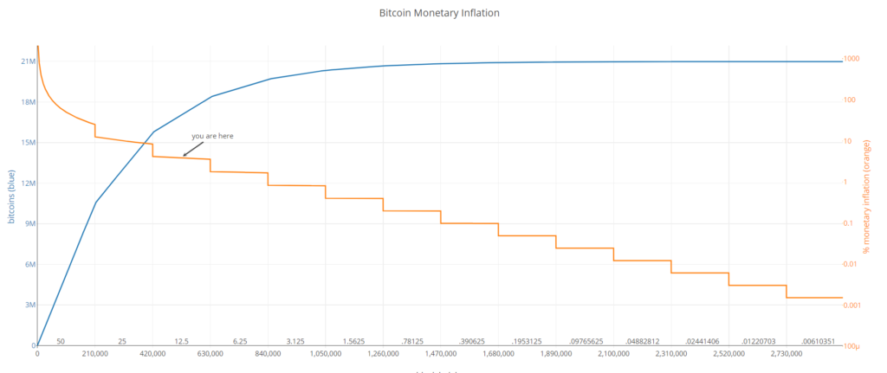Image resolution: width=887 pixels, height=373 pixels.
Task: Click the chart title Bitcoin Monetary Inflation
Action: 439,14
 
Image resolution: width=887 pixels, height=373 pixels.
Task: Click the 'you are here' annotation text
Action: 212,136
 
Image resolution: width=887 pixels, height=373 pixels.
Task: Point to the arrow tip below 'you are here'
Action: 183,157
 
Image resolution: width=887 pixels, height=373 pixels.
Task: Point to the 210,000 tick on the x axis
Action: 94,355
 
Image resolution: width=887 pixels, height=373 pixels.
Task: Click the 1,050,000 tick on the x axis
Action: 325,355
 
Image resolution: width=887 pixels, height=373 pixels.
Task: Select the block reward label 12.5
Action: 181,342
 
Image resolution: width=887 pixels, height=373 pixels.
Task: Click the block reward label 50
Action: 61,342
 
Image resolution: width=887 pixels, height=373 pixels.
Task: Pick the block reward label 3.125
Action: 296,342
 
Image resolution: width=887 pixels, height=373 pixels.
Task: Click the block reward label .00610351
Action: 818,342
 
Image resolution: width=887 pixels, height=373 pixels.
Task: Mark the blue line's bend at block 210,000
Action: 95,203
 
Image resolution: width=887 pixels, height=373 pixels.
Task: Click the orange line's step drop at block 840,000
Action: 268,179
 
